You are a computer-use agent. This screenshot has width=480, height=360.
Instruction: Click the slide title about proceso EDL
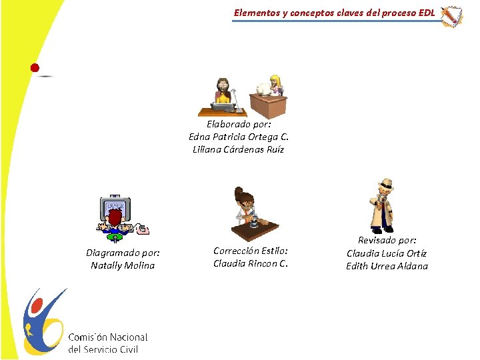pos(334,13)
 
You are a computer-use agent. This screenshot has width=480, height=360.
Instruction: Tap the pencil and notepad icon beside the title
pos(452,16)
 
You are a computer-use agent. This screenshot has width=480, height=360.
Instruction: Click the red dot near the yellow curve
pos(35,67)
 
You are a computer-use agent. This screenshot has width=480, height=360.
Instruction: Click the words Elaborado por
pos(238,124)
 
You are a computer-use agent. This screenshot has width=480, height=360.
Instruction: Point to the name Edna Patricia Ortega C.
pos(238,137)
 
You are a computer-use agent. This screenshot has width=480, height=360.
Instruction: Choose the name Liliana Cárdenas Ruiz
pos(238,149)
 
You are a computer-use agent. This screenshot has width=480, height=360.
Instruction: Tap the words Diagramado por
pos(123,253)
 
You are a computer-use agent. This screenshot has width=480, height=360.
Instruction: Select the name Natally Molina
pos(123,265)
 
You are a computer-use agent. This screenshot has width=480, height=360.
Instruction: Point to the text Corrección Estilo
pos(251,251)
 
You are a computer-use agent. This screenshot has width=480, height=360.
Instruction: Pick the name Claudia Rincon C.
pos(251,263)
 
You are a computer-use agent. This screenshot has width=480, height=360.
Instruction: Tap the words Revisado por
pos(387,240)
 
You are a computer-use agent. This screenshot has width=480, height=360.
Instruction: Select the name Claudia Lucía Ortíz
pos(387,253)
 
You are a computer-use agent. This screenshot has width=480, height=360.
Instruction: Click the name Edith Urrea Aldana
pos(387,266)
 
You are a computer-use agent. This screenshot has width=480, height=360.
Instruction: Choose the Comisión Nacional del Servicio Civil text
pos(107,343)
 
